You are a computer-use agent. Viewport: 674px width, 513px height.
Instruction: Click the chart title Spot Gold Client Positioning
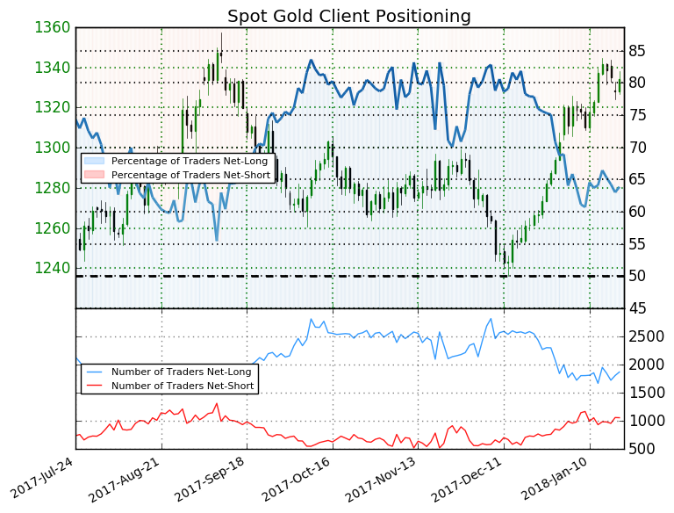pos(349,17)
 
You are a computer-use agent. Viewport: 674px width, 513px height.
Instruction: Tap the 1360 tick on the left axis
pos(52,27)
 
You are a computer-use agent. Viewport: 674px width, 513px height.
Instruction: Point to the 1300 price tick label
pos(52,148)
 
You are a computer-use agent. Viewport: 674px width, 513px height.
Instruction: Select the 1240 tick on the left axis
pos(52,268)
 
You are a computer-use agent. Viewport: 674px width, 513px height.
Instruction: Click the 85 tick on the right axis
pos(637,51)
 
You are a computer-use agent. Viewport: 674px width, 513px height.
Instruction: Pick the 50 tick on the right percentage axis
pos(637,276)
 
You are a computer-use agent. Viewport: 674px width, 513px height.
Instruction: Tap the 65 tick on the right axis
pos(637,180)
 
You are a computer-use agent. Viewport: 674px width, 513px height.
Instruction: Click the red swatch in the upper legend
pos(97,176)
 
